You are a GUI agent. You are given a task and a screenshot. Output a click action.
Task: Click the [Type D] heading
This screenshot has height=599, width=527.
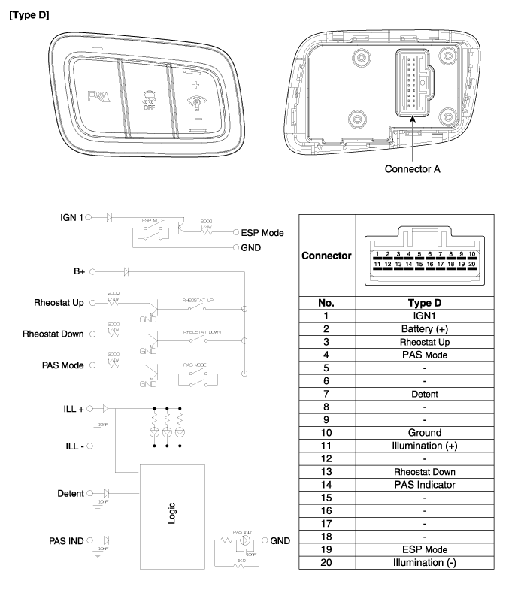[29, 14]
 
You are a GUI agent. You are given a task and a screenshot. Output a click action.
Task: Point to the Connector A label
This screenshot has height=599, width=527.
[412, 168]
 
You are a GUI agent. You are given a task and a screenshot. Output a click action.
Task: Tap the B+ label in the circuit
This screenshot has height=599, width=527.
[80, 270]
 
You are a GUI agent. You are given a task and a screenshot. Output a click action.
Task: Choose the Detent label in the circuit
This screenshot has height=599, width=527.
[71, 494]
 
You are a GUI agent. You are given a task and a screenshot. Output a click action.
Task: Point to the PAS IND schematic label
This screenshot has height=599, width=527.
[66, 540]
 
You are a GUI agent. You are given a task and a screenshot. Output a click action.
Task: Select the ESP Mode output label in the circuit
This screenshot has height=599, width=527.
[262, 232]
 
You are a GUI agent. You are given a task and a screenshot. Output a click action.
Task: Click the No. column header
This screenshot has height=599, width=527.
[326, 303]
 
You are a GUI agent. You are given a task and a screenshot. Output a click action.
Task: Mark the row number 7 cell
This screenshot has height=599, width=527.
[326, 394]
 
